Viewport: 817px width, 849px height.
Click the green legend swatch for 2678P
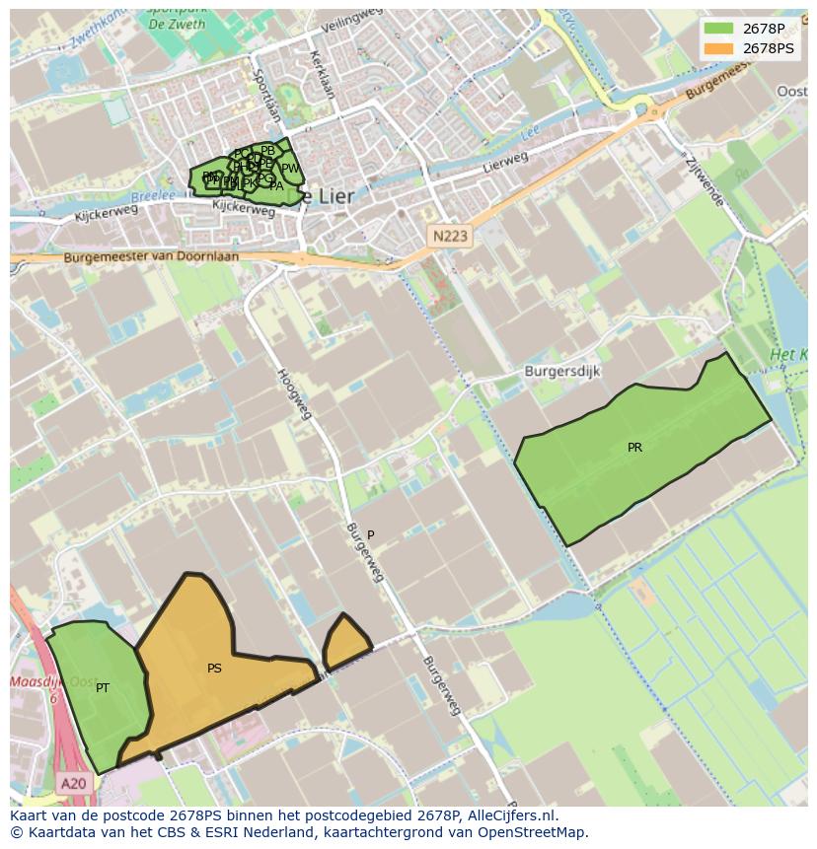pyautogui.click(x=718, y=28)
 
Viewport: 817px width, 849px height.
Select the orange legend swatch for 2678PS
pyautogui.click(x=718, y=47)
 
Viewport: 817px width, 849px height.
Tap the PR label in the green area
pyautogui.click(x=634, y=448)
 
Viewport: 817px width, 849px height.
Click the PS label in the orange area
pyautogui.click(x=214, y=669)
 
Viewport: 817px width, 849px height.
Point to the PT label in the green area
pyautogui.click(x=103, y=688)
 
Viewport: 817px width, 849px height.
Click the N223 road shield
pyautogui.click(x=450, y=236)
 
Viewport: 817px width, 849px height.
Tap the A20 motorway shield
pyautogui.click(x=73, y=784)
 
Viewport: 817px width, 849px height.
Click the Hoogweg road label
pyautogui.click(x=294, y=393)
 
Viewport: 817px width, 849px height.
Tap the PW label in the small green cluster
pyautogui.click(x=290, y=169)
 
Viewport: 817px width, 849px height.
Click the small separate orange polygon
pyautogui.click(x=345, y=643)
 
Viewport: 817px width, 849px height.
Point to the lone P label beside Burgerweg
pyautogui.click(x=371, y=535)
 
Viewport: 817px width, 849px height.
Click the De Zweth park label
pyautogui.click(x=177, y=24)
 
